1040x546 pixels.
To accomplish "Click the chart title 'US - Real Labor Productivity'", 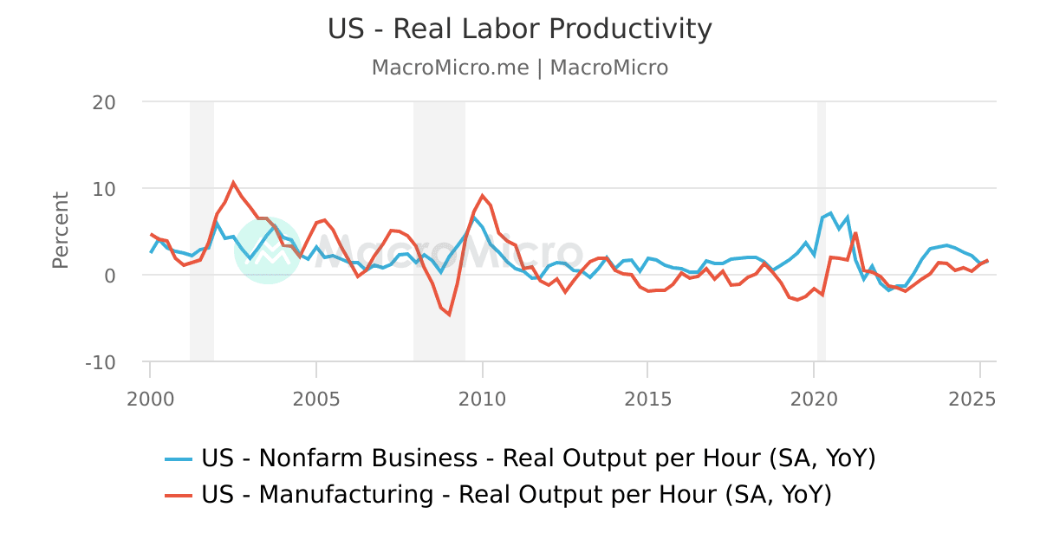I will [519, 29].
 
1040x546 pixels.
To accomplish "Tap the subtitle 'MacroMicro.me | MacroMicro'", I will [519, 68].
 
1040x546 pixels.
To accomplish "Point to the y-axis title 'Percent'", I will [60, 230].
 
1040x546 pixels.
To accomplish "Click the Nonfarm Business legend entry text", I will [538, 458].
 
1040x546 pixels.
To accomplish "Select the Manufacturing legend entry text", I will [516, 495].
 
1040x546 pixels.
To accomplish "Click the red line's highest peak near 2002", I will [233, 183].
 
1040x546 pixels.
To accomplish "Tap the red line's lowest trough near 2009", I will [449, 314].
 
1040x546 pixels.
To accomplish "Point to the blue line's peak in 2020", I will [830, 212].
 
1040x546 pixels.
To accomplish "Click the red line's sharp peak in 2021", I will [855, 232].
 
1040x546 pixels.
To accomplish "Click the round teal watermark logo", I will [268, 250].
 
